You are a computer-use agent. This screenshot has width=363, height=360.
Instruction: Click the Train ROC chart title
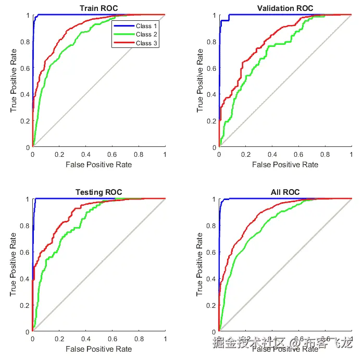pyautogui.click(x=98, y=8)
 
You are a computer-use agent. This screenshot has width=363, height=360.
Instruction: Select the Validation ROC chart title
pyautogui.click(x=285, y=8)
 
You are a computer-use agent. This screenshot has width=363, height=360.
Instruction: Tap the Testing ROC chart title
pyautogui.click(x=98, y=192)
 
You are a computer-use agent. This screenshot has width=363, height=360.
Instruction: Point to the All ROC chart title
pyautogui.click(x=285, y=192)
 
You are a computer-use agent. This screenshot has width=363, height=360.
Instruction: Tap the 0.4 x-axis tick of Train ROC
pyautogui.click(x=85, y=155)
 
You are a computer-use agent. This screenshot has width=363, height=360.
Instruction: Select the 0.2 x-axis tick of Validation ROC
pyautogui.click(x=245, y=155)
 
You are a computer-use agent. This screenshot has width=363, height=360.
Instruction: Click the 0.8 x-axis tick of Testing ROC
pyautogui.click(x=139, y=339)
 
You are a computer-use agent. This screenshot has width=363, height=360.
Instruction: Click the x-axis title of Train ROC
pyautogui.click(x=98, y=165)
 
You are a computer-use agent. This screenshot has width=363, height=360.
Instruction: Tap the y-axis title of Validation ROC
pyautogui.click(x=201, y=81)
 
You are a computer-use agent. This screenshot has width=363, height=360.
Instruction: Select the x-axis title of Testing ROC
pyautogui.click(x=98, y=349)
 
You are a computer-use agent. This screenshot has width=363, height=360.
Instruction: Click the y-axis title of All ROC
pyautogui.click(x=201, y=265)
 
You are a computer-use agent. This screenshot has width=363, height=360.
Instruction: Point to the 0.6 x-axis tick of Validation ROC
pyautogui.click(x=298, y=155)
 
